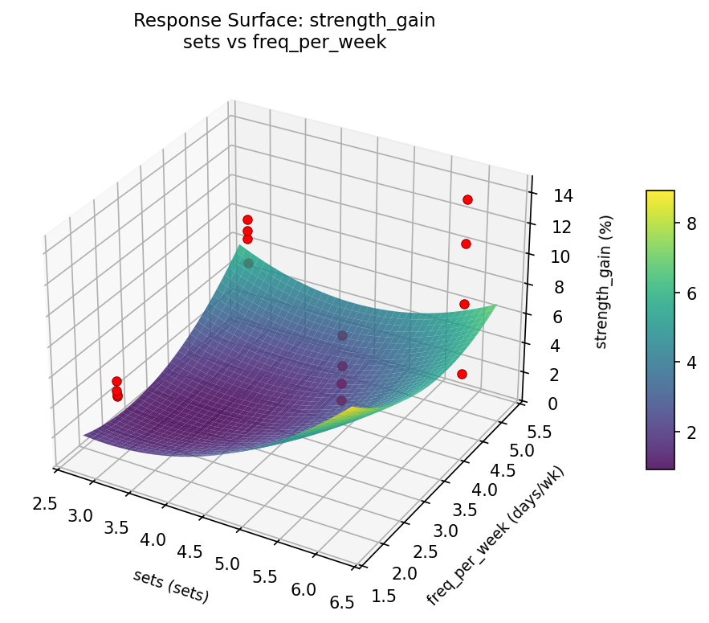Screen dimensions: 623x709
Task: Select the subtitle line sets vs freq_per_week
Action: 284,43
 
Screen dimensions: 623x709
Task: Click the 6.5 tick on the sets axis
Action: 341,602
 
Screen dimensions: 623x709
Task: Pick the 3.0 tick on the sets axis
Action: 80,514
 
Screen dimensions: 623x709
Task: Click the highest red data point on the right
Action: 467,199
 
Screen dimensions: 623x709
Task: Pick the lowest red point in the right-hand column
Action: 462,374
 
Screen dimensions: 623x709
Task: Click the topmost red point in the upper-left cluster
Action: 247,219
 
